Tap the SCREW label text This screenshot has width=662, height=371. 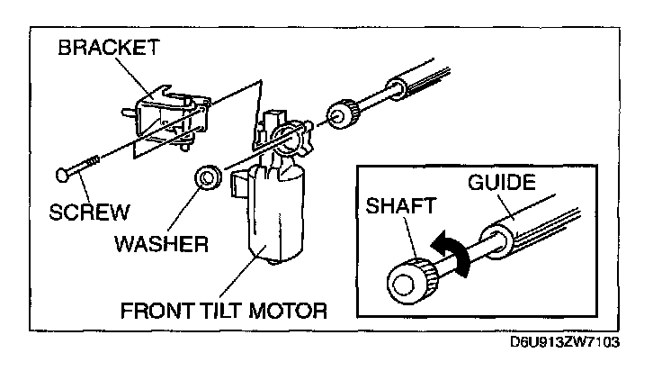click(87, 213)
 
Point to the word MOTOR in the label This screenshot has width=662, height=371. click(286, 312)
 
